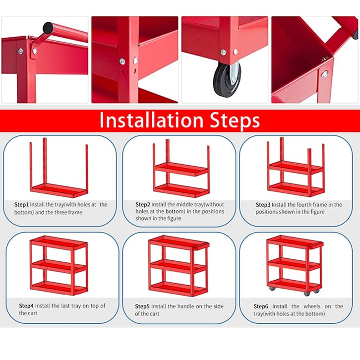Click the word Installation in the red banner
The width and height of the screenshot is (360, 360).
152,120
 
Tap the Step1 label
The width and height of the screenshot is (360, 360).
21,205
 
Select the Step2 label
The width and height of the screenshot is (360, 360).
143,204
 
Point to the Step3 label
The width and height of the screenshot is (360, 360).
263,205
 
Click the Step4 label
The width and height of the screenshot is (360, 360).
26,306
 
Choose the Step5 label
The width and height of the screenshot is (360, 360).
142,306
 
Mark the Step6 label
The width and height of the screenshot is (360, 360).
261,306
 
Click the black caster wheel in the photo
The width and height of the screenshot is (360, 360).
227,79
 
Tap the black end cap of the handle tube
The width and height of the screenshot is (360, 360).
48,28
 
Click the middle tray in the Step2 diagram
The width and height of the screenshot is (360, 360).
181,169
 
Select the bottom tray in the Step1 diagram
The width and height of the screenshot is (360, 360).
59,190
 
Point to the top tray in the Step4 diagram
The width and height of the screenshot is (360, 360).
59,243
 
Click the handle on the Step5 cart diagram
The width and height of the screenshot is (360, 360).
202,246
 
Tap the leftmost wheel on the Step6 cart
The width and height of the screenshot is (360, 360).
272,289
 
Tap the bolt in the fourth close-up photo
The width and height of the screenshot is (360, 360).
325,74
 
